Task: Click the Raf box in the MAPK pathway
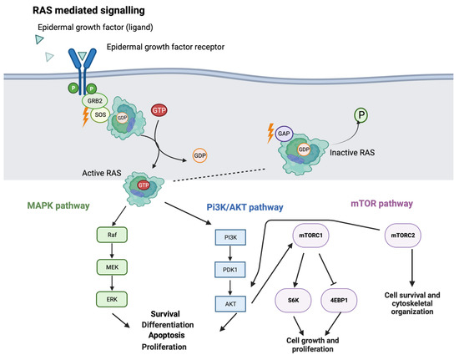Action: tap(88, 237)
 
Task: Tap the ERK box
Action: tap(88, 297)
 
